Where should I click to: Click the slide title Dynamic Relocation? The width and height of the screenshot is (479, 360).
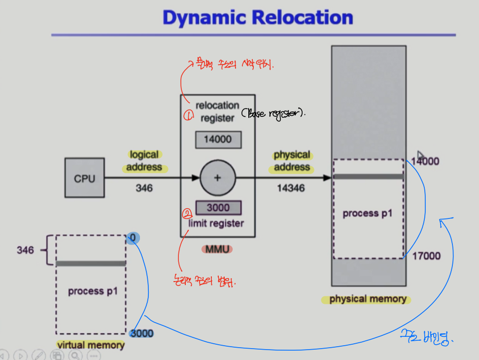(258, 18)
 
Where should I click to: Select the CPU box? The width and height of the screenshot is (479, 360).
(84, 178)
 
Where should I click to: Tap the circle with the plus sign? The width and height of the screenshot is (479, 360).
(217, 178)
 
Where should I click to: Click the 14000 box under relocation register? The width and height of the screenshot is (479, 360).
(217, 139)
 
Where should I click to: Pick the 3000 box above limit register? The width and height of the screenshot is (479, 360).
(218, 208)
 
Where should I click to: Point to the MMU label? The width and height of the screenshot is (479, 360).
(217, 249)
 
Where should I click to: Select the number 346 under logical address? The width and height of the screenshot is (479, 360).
(144, 188)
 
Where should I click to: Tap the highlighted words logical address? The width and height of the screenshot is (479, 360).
(144, 161)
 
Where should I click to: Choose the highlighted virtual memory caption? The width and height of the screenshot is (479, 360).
(90, 345)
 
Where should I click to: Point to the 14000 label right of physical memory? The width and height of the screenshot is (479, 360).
(425, 161)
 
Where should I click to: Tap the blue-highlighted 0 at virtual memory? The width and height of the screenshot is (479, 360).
(133, 239)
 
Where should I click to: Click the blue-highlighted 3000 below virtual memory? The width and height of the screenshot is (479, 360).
(141, 333)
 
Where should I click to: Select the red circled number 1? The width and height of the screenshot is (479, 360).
(188, 115)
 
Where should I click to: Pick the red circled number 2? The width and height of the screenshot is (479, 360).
(187, 214)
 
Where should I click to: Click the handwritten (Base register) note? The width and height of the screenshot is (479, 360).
(274, 113)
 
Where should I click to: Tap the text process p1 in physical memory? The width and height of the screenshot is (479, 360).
(368, 214)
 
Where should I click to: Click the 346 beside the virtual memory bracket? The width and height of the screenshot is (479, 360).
(25, 250)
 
